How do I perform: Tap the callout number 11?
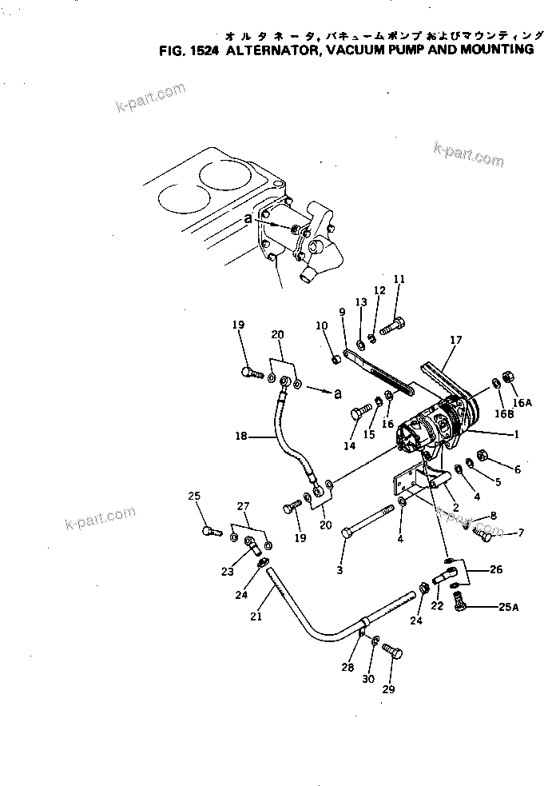[x=399, y=279]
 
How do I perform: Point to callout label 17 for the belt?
[x=455, y=340]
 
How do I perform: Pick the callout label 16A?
[x=522, y=404]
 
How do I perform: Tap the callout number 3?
[x=340, y=570]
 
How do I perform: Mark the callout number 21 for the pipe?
[x=256, y=616]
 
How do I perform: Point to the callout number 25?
[x=193, y=497]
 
